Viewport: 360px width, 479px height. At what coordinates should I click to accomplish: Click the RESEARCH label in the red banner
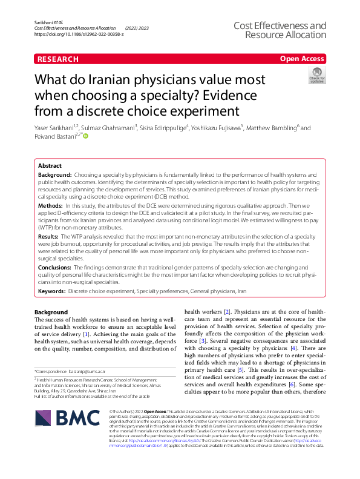coord(57,59)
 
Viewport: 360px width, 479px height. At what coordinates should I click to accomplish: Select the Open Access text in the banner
coord(302,59)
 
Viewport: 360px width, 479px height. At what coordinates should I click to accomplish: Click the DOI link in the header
coord(79,34)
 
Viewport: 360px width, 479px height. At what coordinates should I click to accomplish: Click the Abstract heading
coord(50,165)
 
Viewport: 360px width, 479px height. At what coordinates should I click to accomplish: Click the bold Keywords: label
coord(52,291)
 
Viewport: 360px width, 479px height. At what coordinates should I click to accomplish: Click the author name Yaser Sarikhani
coord(55,128)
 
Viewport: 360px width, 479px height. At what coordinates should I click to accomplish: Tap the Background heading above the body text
coord(51,312)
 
